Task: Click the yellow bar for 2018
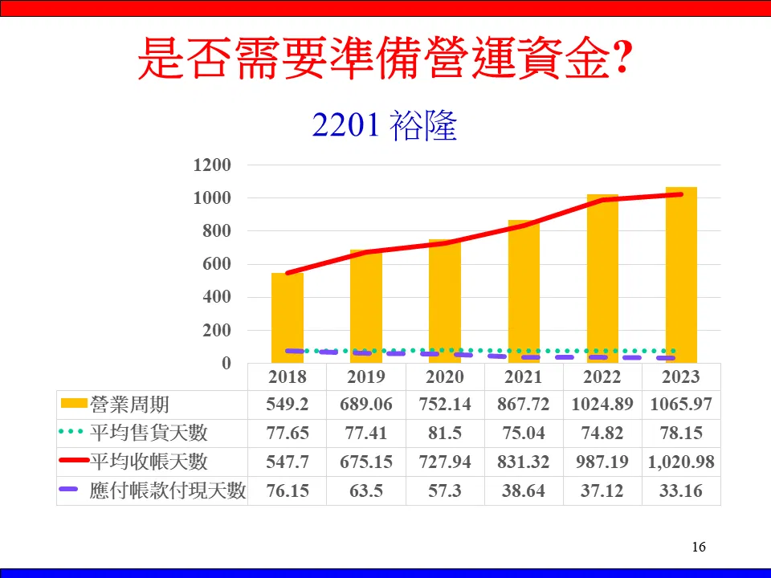point(288,318)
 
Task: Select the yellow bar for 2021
point(524,291)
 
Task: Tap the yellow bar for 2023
point(681,275)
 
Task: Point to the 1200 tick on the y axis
point(212,165)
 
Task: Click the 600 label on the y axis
point(217,264)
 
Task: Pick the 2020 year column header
point(445,377)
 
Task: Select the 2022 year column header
point(602,377)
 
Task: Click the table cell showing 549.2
point(288,405)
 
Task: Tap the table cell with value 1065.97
point(681,405)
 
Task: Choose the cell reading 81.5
point(445,433)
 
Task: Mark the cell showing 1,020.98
point(681,462)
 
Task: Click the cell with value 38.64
point(524,490)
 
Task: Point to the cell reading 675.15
point(366,462)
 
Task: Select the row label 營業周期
point(129,405)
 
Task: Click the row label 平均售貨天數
point(149,433)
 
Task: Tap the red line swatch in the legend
point(74,461)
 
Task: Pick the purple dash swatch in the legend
point(68,490)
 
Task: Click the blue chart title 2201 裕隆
point(385,125)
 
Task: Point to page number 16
point(699,547)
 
